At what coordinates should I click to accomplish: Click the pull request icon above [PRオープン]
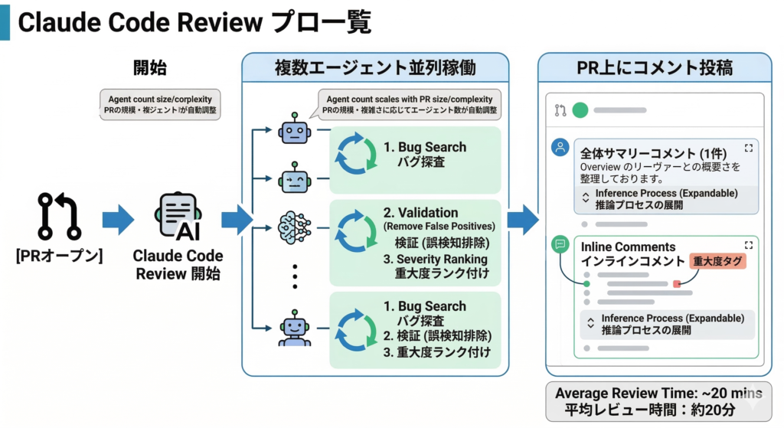(59, 217)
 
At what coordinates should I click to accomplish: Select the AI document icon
(178, 216)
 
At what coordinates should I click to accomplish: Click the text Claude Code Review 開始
(178, 264)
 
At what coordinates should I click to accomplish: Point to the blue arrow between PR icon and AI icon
(117, 220)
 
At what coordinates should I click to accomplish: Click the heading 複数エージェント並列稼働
(374, 68)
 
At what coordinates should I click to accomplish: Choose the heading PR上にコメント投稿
(654, 67)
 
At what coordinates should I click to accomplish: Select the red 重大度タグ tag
(717, 261)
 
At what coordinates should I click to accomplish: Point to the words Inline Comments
(628, 247)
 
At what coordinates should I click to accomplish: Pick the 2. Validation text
(420, 212)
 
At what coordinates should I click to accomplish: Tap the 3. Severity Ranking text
(436, 259)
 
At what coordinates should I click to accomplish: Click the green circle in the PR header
(580, 109)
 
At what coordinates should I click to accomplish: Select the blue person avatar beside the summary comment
(560, 147)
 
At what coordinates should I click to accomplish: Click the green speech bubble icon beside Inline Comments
(560, 245)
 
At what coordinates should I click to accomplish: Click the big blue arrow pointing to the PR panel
(522, 220)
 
